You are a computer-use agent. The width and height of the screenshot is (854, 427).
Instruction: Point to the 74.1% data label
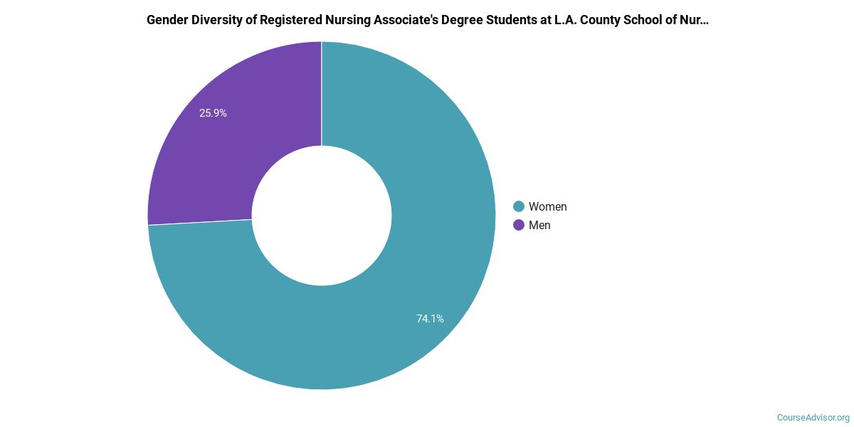[x=430, y=319]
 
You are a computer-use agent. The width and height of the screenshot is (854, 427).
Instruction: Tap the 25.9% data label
[x=213, y=113]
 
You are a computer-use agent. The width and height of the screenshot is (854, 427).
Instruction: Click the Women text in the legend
[x=547, y=207]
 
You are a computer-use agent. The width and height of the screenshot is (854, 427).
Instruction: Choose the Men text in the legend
[x=539, y=226]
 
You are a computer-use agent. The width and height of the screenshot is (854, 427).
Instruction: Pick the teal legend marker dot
[x=519, y=207]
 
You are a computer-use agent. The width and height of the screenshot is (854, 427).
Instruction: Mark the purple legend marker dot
[x=519, y=226]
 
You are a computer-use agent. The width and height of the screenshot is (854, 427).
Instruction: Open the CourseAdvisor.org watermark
[x=813, y=418]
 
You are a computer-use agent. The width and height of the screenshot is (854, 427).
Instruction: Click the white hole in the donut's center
[x=322, y=216]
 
